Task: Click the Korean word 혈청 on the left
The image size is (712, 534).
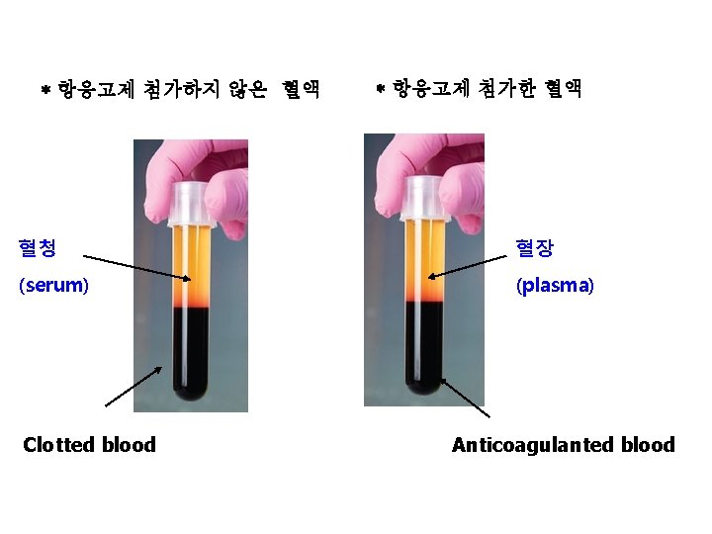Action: [38, 247]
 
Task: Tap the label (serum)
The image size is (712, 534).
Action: [53, 286]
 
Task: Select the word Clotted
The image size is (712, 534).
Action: [58, 445]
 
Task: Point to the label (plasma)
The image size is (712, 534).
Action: [554, 286]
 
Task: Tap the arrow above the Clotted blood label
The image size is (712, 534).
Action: [133, 387]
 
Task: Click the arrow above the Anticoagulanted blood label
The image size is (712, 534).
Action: [464, 397]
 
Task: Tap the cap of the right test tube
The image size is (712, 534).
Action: [421, 198]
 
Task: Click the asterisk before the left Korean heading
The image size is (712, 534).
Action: [45, 91]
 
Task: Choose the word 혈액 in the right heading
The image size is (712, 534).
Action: [560, 90]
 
